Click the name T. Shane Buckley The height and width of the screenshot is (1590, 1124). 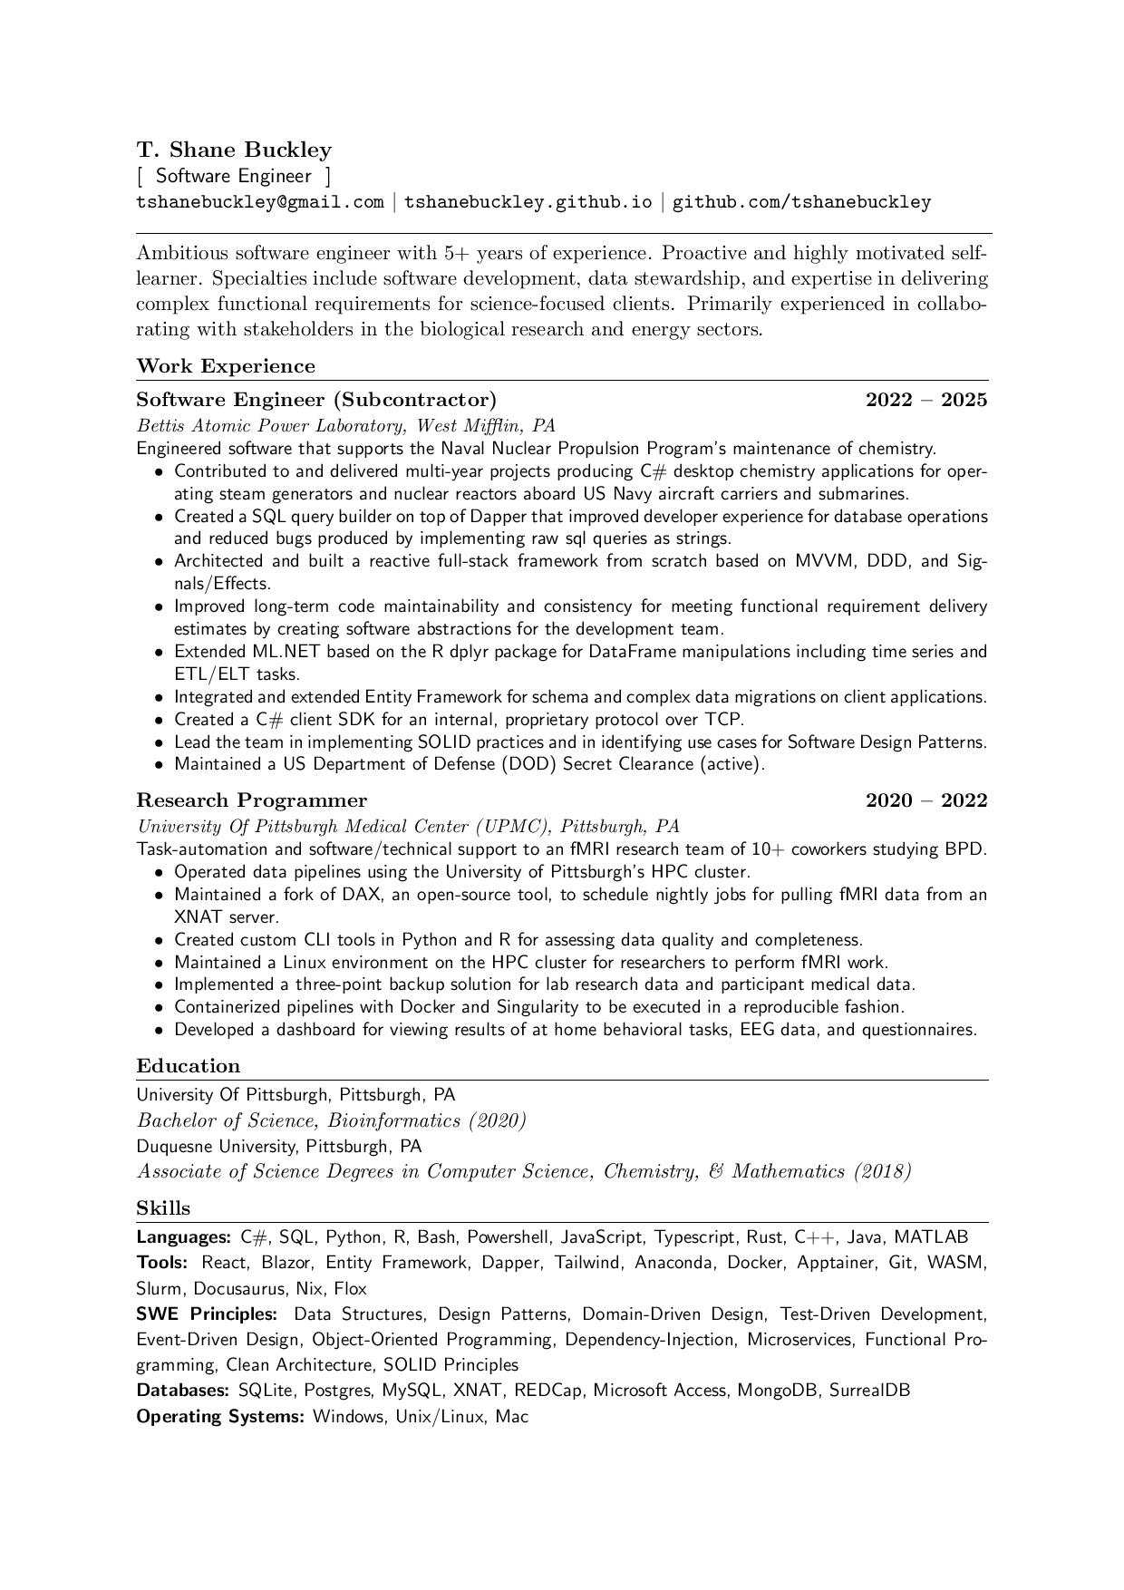234,150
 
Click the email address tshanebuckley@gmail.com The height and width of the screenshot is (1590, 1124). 260,201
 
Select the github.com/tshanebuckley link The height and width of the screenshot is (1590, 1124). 801,201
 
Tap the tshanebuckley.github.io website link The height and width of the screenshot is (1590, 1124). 528,201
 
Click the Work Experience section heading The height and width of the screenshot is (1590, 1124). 226,366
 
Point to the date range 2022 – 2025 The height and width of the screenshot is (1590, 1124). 925,400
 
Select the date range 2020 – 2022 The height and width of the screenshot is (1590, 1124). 925,800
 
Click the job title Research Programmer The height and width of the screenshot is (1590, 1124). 252,800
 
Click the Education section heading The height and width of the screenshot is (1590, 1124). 189,1066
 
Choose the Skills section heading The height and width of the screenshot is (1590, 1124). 163,1208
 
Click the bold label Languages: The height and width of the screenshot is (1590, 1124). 185,1237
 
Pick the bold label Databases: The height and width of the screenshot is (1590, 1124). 184,1390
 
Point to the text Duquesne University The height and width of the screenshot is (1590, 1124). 217,1146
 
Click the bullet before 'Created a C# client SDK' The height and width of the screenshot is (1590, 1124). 159,721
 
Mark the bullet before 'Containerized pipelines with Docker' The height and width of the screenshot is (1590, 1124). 159,1007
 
